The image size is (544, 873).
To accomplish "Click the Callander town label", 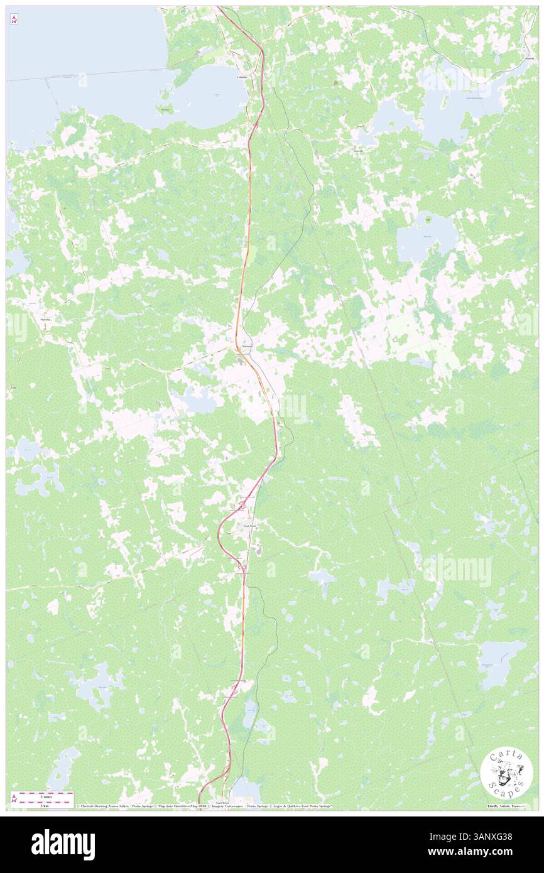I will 241,77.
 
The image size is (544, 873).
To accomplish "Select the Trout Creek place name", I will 247,526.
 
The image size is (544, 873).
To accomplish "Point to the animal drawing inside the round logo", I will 505,773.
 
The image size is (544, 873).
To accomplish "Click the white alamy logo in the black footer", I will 63,845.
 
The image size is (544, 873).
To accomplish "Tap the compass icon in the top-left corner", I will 14,19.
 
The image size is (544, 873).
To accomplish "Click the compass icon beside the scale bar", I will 14,798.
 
